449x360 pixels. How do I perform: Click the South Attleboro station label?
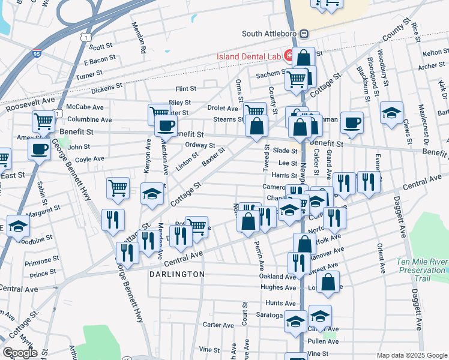pos(270,34)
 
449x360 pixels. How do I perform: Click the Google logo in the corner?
pos(20,353)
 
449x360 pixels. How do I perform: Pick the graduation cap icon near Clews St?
pos(391,113)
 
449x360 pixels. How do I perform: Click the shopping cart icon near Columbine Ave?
pos(44,121)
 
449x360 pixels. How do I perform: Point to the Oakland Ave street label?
pos(277,277)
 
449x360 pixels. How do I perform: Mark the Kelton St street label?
pos(432,53)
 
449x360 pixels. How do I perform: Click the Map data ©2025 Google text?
pos(411,355)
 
